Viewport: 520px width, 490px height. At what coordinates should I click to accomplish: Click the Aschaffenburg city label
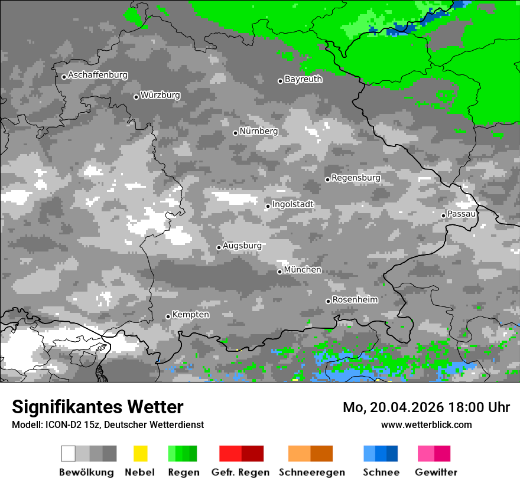97,76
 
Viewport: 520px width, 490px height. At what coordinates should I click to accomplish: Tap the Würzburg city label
160,95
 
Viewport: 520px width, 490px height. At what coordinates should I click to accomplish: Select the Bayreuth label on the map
303,79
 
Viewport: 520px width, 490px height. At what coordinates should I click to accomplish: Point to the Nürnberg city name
258,131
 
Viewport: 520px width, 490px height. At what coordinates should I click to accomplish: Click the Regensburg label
356,178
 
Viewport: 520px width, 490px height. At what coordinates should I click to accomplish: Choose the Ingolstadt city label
292,204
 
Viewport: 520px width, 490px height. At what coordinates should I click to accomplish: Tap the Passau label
461,214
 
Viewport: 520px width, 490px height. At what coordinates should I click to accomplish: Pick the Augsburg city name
242,246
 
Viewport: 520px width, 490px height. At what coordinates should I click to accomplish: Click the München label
303,270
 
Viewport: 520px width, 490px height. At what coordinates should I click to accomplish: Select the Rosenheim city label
355,300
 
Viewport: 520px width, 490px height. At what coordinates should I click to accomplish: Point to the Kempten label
190,315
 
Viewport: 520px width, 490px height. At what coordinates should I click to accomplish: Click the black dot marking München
280,272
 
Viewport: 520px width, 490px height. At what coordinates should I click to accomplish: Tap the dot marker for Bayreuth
280,81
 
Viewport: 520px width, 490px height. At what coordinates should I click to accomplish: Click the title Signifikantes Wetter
97,407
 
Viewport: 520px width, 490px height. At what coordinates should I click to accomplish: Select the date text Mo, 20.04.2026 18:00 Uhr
426,407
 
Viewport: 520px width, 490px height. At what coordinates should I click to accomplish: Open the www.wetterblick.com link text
426,424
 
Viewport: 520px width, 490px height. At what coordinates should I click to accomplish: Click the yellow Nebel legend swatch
140,453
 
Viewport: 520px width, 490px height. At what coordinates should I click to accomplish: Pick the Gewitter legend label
435,472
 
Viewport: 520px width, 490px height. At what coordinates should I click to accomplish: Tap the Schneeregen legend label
311,472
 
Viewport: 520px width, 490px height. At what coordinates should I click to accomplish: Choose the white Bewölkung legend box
69,453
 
